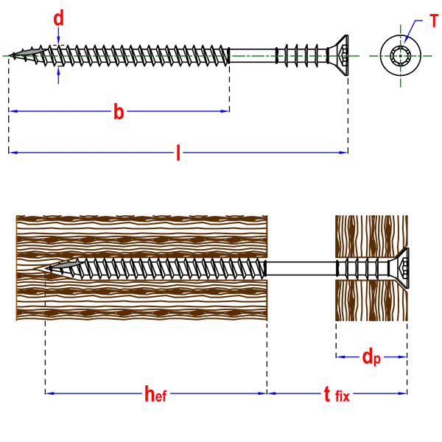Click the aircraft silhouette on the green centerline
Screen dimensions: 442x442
coord(29,52)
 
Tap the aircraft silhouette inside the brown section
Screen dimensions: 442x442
coord(65,265)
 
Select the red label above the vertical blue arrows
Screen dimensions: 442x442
coord(58,15)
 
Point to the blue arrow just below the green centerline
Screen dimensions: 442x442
coord(58,77)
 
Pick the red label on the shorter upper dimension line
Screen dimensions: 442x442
coord(118,111)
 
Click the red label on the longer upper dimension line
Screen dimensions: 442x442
coord(178,152)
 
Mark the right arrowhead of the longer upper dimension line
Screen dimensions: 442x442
coord(342,152)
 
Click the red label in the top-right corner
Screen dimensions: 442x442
coord(434,19)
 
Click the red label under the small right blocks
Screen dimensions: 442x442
coord(371,357)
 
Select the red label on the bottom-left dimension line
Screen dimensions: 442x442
coord(155,394)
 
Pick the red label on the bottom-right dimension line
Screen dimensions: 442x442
coord(336,394)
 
